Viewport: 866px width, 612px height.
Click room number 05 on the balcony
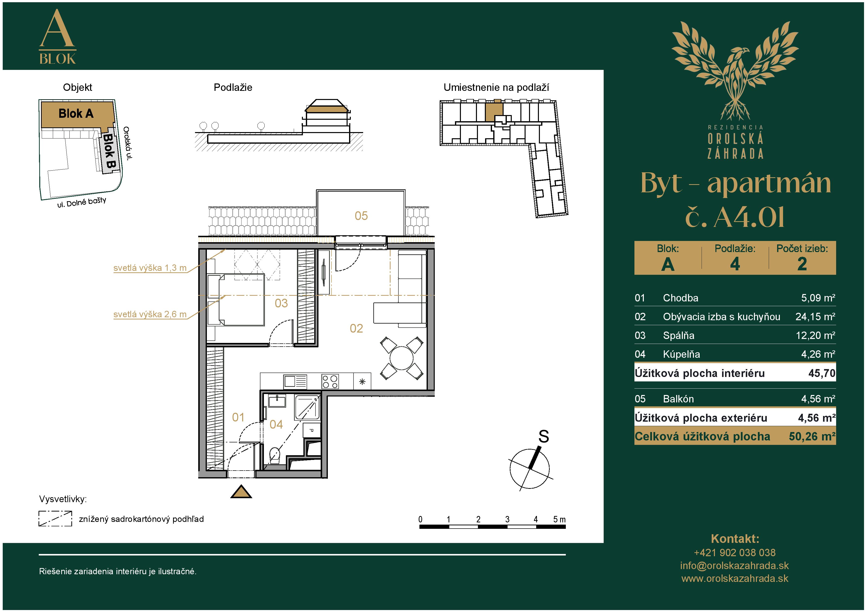point(361,216)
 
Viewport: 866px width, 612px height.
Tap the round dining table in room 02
point(401,358)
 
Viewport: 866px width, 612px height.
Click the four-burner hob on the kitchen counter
point(330,381)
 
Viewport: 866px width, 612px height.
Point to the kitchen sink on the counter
point(295,381)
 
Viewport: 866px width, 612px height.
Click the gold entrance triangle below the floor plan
point(241,492)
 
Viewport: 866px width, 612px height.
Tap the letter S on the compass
point(544,436)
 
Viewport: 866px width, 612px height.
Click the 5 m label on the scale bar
point(559,519)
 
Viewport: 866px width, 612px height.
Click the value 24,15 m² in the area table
point(815,316)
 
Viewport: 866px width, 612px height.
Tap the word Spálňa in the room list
point(679,335)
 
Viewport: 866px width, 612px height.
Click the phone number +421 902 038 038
point(735,553)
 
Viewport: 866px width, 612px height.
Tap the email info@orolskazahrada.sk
point(734,566)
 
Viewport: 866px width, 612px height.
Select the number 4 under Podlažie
point(735,264)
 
